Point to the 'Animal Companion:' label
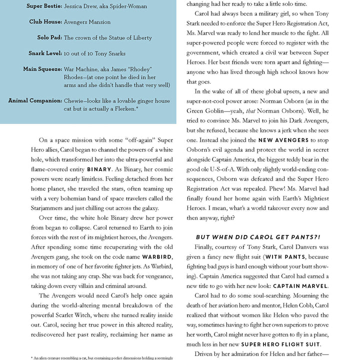[x=35, y=100]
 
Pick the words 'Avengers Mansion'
[x=87, y=22]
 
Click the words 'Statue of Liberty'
[x=126, y=37]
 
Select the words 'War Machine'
[x=80, y=69]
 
